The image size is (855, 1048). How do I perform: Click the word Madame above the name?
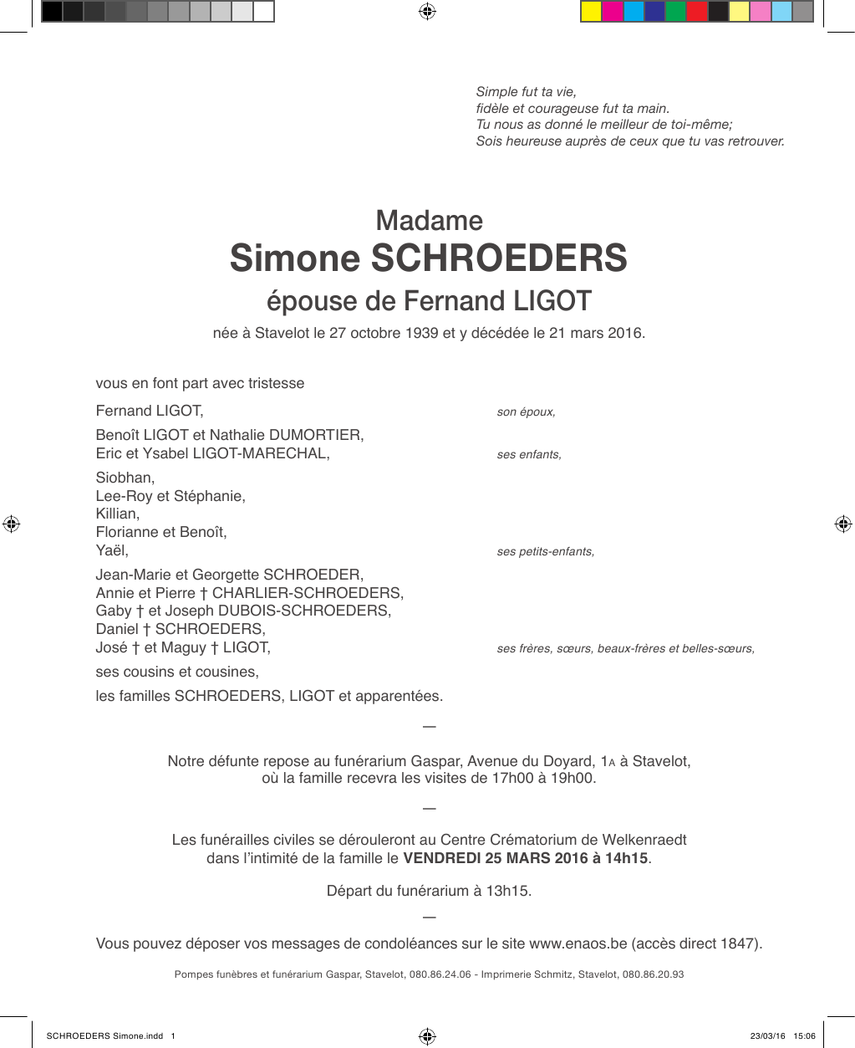[x=429, y=221]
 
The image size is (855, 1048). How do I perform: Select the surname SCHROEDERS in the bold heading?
[x=499, y=258]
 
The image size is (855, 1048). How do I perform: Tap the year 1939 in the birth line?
[x=421, y=333]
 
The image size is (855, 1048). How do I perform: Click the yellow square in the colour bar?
[x=591, y=12]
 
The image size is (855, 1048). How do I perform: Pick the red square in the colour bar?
[x=696, y=12]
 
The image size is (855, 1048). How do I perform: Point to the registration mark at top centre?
[x=427, y=12]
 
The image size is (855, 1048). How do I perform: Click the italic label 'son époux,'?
[x=526, y=412]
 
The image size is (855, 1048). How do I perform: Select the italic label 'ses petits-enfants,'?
[x=545, y=552]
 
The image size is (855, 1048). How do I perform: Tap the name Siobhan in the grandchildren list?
[x=124, y=478]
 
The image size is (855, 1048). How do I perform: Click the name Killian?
[x=116, y=514]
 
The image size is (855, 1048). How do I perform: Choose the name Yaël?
[x=111, y=550]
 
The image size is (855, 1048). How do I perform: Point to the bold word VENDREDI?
[x=441, y=858]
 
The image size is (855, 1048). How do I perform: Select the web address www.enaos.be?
[x=578, y=943]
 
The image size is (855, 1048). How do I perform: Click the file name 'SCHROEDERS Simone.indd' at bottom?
[x=104, y=1036]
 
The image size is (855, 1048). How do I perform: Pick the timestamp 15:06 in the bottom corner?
[x=804, y=1036]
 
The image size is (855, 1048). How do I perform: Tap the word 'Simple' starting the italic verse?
[x=496, y=92]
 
